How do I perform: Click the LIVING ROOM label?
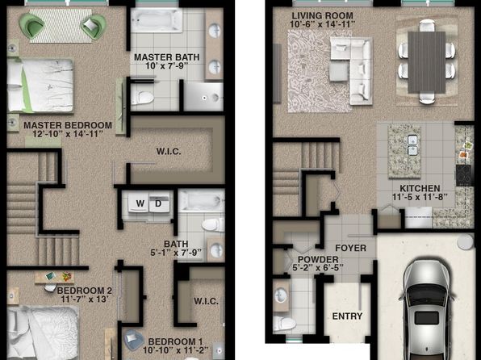(322, 15)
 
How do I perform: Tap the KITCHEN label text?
(420, 188)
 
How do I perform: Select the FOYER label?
(350, 248)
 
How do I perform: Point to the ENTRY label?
(347, 316)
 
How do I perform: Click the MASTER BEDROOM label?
(68, 125)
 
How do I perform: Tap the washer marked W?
(139, 203)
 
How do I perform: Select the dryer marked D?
(159, 203)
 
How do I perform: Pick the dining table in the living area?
(426, 62)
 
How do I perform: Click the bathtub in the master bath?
(157, 20)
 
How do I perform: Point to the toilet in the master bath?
(142, 98)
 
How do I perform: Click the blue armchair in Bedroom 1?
(134, 340)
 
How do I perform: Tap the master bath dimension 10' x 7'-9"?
(167, 65)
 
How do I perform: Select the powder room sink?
(281, 296)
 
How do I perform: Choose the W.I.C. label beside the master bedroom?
(169, 151)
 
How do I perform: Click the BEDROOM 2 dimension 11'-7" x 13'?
(85, 299)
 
